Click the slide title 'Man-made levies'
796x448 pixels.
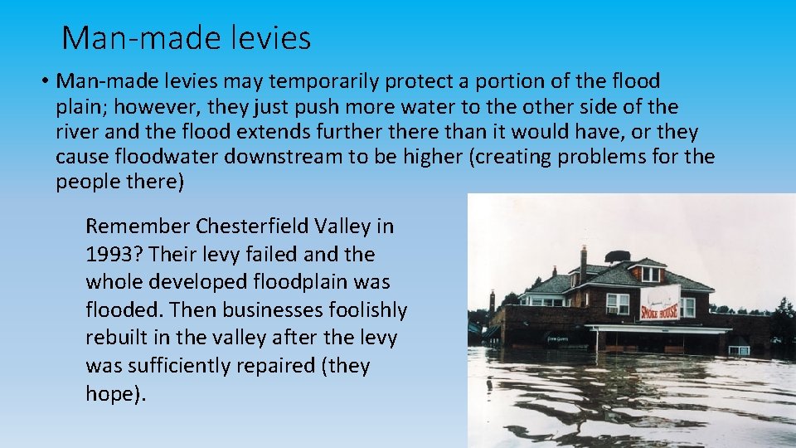(187, 37)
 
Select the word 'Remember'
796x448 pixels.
(138, 226)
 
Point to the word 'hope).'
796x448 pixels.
(115, 394)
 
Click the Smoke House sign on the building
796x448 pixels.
(660, 304)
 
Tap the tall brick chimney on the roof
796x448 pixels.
(584, 264)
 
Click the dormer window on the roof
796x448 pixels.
(651, 274)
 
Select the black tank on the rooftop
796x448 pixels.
(617, 256)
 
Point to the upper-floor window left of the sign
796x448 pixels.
(617, 303)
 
